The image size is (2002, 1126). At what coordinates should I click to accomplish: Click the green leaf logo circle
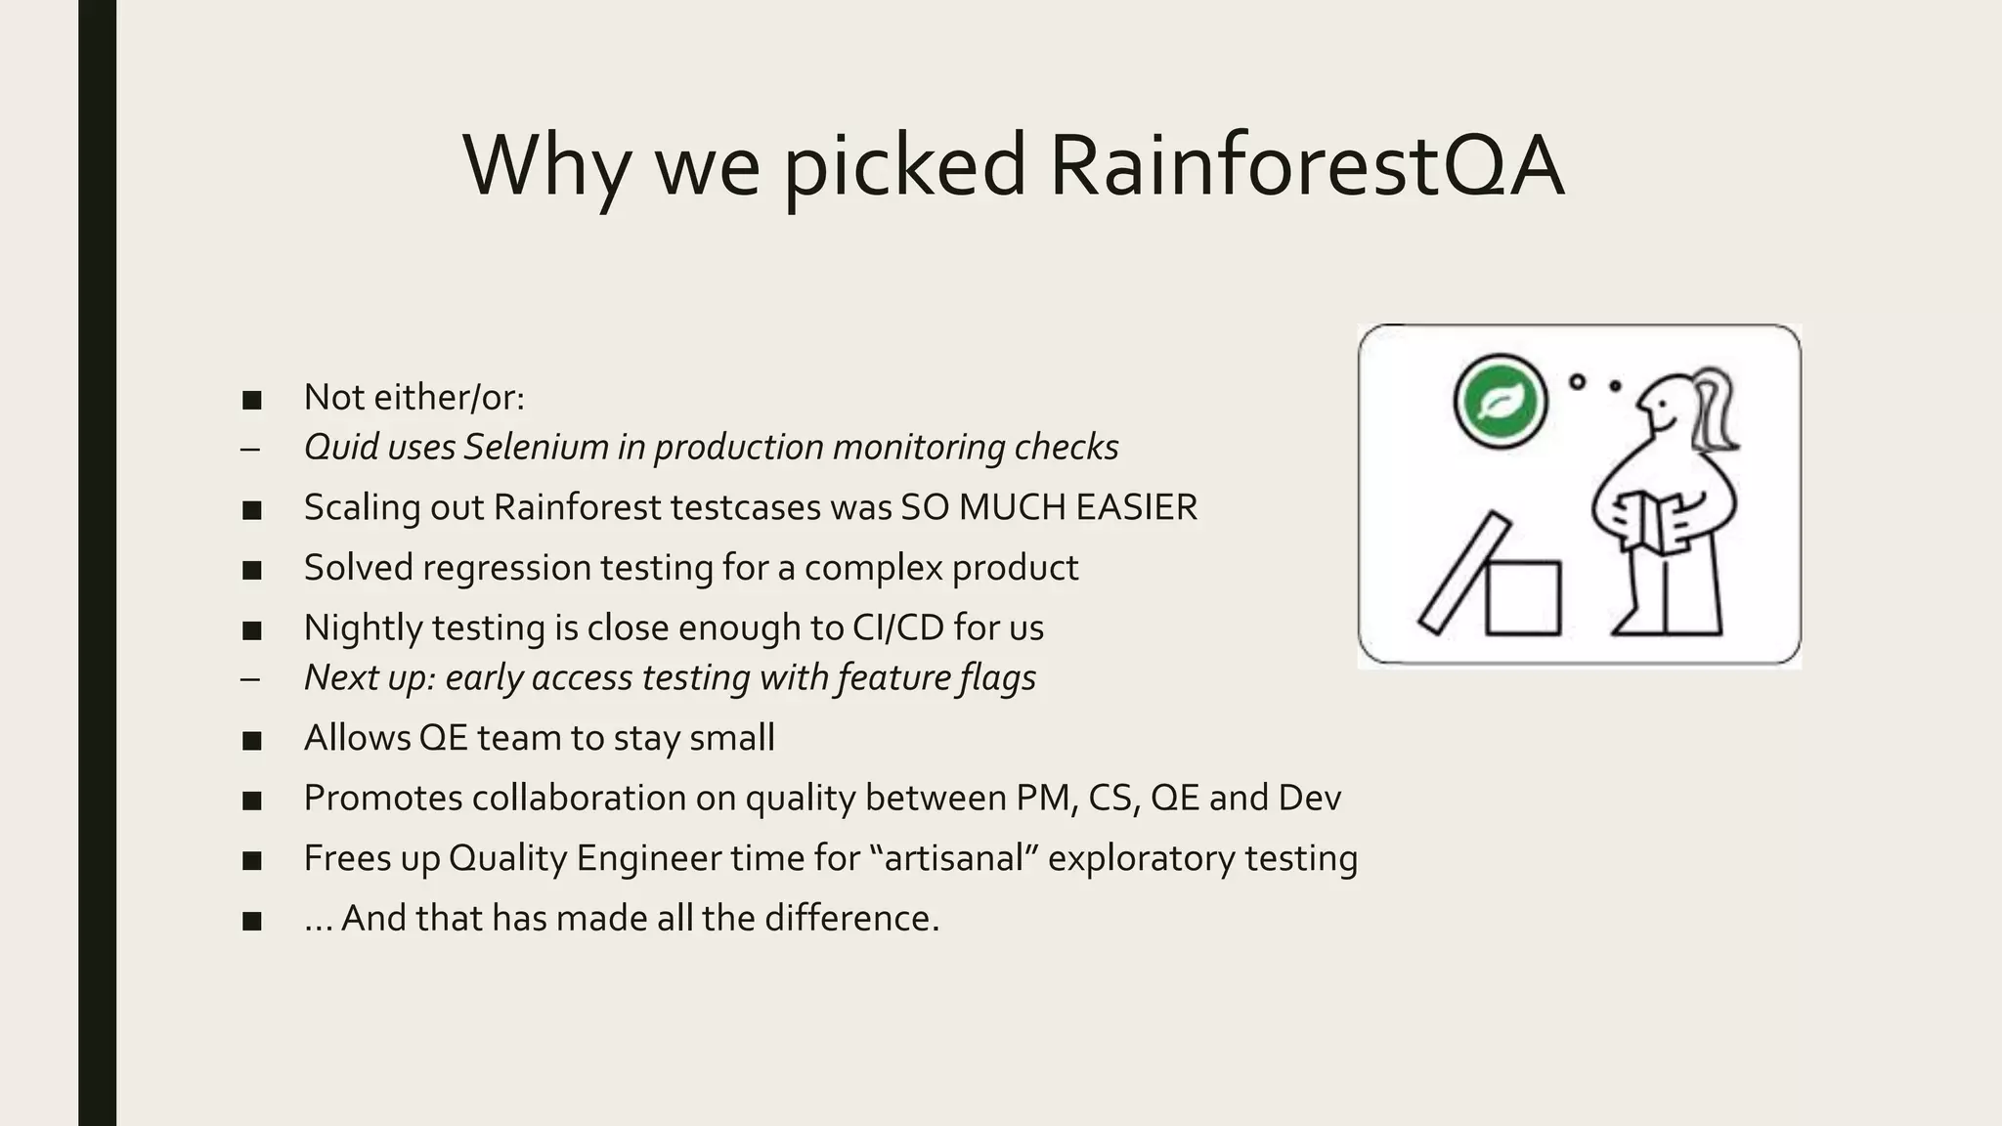(x=1501, y=401)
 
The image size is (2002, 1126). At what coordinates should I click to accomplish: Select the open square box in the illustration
(x=1523, y=597)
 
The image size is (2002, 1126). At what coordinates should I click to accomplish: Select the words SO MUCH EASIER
(x=1048, y=507)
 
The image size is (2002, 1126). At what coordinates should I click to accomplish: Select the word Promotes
(x=383, y=798)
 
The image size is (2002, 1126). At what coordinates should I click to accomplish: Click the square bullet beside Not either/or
(x=251, y=400)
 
